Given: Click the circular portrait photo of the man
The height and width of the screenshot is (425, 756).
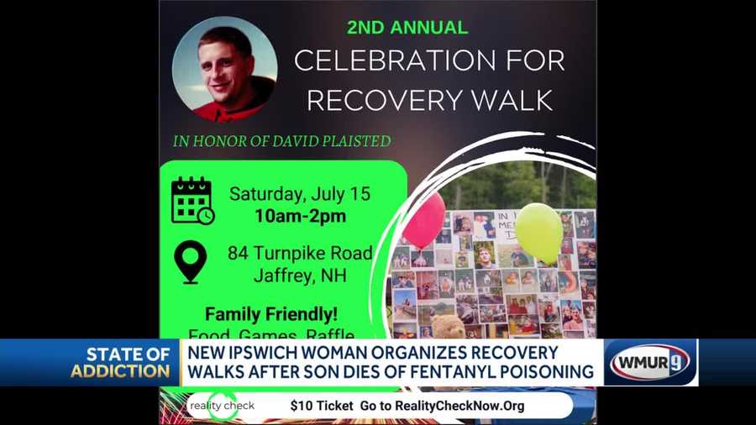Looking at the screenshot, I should point(224,69).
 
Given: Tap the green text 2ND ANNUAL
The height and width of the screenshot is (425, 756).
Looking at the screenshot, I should point(407,28).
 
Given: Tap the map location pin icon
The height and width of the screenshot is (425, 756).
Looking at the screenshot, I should point(192,261).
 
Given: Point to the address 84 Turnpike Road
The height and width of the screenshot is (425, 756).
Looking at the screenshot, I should point(300,253).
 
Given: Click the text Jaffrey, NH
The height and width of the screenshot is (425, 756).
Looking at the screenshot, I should point(300,275).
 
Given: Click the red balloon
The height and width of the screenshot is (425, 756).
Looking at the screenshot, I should point(424,220).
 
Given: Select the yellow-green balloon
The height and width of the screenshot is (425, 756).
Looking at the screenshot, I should point(538,231).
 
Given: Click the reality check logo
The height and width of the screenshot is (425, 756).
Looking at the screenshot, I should point(222,406).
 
